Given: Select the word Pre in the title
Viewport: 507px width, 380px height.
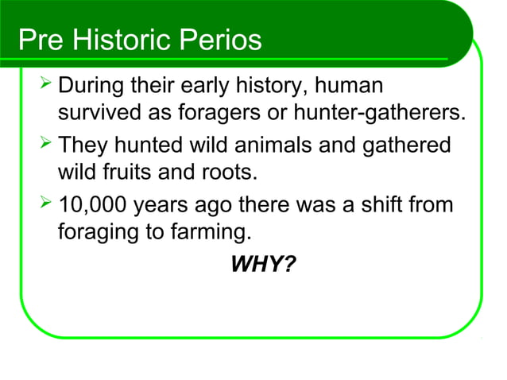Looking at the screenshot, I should (41, 41).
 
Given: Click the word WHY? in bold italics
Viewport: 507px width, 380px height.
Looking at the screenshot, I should (261, 263).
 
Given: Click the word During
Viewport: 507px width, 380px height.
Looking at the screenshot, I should (93, 86).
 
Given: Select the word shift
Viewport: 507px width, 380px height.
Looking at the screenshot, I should (389, 206).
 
